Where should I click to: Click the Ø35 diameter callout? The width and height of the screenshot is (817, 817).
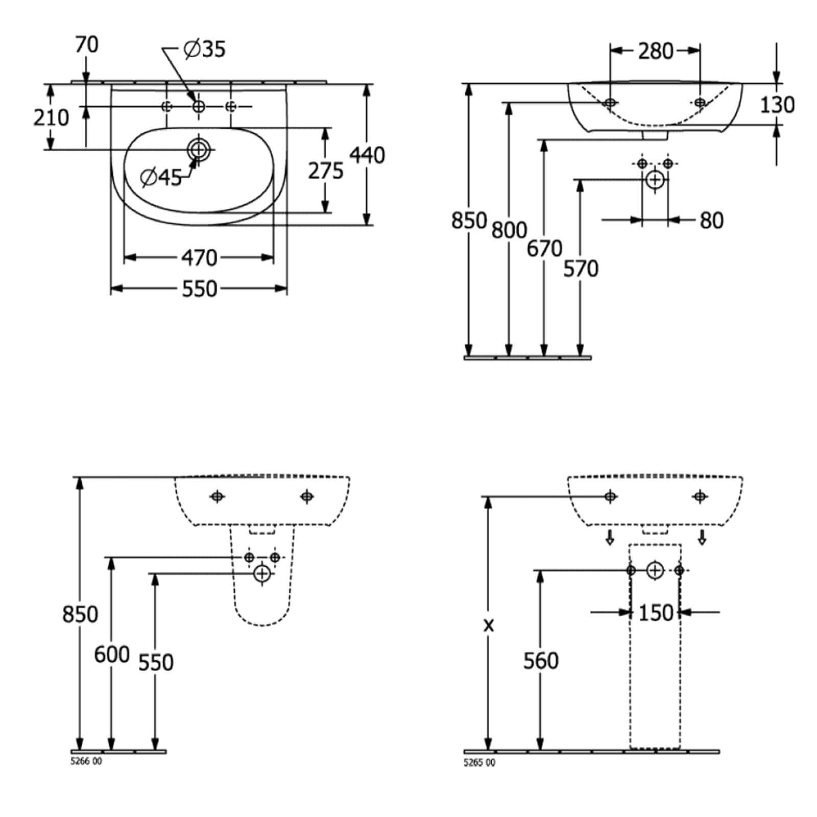point(204,49)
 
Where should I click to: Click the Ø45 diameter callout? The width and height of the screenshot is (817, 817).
point(161,177)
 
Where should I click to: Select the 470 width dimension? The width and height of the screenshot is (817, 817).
point(200,258)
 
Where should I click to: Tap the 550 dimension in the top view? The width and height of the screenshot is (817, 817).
point(200,289)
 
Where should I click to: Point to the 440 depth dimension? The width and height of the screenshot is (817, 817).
point(367,155)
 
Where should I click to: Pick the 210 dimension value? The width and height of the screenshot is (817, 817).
point(51,117)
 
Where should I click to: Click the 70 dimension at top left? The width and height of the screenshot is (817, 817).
point(87,45)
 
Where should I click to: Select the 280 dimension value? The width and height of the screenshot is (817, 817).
point(656,51)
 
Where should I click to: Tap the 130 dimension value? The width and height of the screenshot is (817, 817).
point(777,105)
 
